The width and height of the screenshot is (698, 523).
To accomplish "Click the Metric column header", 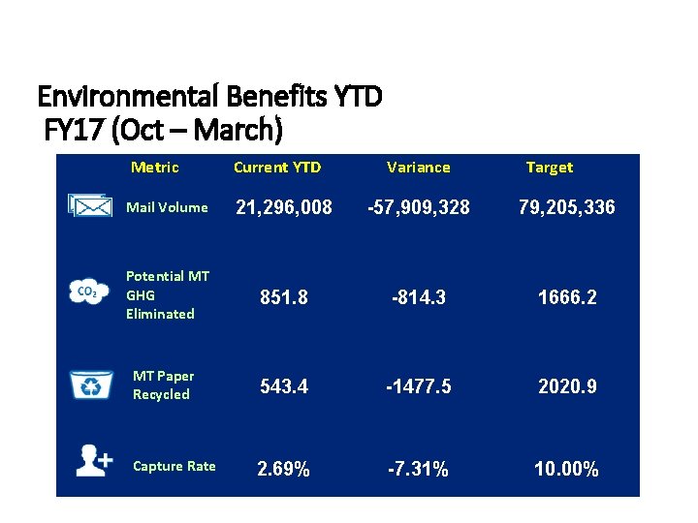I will (155, 168).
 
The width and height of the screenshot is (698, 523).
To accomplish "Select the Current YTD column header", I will (277, 168).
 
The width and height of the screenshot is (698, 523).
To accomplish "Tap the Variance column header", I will (418, 168).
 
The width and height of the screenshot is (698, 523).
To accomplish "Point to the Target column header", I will (549, 168).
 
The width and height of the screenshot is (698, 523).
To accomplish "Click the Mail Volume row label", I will (167, 207).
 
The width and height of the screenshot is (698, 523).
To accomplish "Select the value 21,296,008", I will (284, 207).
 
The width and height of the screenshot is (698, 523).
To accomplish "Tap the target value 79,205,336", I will (553, 207).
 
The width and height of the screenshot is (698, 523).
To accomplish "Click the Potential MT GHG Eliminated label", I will (167, 294).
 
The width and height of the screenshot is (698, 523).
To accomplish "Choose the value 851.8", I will (283, 298).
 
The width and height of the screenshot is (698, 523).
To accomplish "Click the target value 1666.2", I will (566, 298).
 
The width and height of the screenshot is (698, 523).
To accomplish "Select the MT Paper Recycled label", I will (163, 385).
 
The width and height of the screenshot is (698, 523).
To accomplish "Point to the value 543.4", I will (283, 386).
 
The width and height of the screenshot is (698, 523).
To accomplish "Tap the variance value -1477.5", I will (418, 386).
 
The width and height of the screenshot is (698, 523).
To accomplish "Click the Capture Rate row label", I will (174, 467).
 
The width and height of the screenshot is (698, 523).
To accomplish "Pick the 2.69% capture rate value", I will (283, 471).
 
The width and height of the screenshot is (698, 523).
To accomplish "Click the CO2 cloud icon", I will (85, 292).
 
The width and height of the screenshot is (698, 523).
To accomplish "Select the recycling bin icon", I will (90, 385).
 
